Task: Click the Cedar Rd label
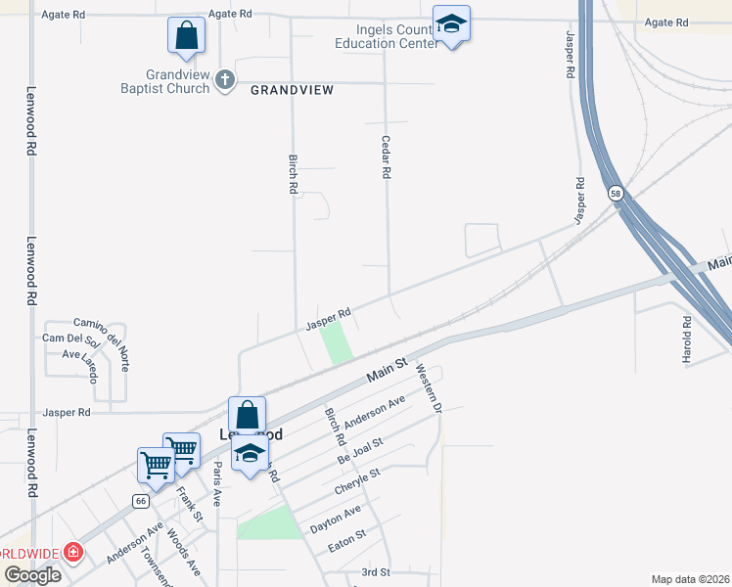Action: (x=387, y=157)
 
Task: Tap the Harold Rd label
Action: (x=687, y=340)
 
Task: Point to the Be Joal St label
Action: (x=360, y=450)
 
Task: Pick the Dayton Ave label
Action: (x=336, y=518)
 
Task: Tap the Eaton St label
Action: (x=346, y=537)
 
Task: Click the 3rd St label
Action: (x=375, y=571)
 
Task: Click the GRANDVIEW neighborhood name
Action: (x=293, y=90)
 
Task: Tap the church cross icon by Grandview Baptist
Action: (x=225, y=80)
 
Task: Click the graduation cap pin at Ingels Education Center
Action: (x=451, y=23)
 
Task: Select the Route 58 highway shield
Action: (x=615, y=194)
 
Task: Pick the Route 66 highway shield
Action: (x=142, y=501)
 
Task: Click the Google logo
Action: (x=31, y=574)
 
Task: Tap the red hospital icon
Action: (x=72, y=553)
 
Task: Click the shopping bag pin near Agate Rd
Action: (x=186, y=36)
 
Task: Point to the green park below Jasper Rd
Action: (x=337, y=342)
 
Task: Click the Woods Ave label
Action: (x=183, y=553)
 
